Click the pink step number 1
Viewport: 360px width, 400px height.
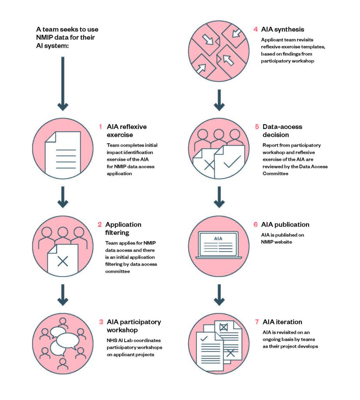[100, 127]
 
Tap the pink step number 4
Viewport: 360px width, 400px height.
[255, 29]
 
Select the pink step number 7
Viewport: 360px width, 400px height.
[257, 322]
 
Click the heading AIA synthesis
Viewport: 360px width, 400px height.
[282, 29]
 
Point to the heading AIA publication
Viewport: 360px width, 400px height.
[285, 225]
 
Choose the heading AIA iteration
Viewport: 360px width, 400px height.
[282, 322]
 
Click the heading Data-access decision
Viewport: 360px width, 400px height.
[282, 130]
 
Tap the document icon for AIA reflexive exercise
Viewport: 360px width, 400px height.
[63, 152]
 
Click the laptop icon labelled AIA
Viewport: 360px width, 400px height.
[218, 245]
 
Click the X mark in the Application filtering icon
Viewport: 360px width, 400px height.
[63, 261]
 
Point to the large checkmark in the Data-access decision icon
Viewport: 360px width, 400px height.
[232, 161]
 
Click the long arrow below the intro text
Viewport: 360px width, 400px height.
[63, 84]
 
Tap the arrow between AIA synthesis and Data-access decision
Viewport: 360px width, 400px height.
[219, 100]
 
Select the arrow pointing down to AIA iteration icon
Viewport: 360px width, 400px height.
[219, 295]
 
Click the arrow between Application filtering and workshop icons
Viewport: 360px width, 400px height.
[63, 295]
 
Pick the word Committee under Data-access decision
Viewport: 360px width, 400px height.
[275, 173]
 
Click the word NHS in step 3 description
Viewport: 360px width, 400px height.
[112, 340]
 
